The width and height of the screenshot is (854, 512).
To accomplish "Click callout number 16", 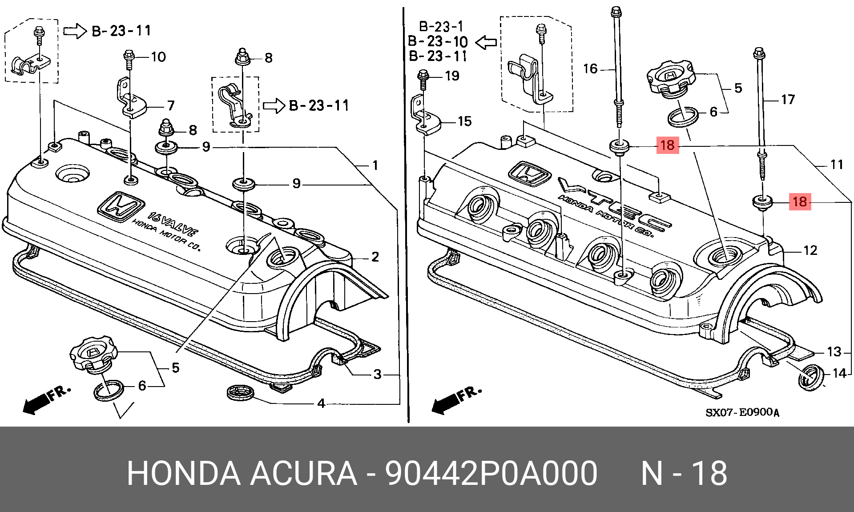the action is pyautogui.click(x=590, y=69).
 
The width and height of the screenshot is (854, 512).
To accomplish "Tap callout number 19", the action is pyautogui.click(x=452, y=76).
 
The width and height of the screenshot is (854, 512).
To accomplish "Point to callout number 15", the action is pyautogui.click(x=464, y=121).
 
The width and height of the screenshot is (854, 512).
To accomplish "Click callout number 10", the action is pyautogui.click(x=158, y=57).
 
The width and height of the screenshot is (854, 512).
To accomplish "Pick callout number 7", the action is pyautogui.click(x=171, y=106).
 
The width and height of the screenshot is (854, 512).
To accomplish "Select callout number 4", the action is pyautogui.click(x=321, y=403).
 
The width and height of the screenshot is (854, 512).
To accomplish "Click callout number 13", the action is pyautogui.click(x=834, y=352).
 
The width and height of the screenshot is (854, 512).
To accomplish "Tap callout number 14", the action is pyautogui.click(x=839, y=373).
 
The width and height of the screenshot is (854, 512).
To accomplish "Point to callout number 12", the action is pyautogui.click(x=810, y=250).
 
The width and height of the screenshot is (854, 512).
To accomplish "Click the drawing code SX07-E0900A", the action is pyautogui.click(x=742, y=412).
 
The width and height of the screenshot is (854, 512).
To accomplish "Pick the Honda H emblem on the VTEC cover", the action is pyautogui.click(x=529, y=173).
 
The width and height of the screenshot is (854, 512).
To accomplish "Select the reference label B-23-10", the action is pyautogui.click(x=438, y=41).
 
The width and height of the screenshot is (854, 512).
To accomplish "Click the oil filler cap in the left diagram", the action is pyautogui.click(x=93, y=355).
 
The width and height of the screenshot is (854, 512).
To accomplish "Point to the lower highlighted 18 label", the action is pyautogui.click(x=800, y=202).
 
